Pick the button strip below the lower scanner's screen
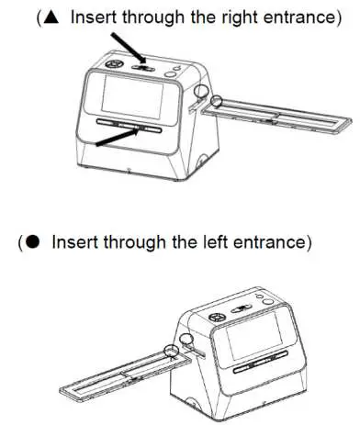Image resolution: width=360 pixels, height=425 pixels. (x=254, y=370)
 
